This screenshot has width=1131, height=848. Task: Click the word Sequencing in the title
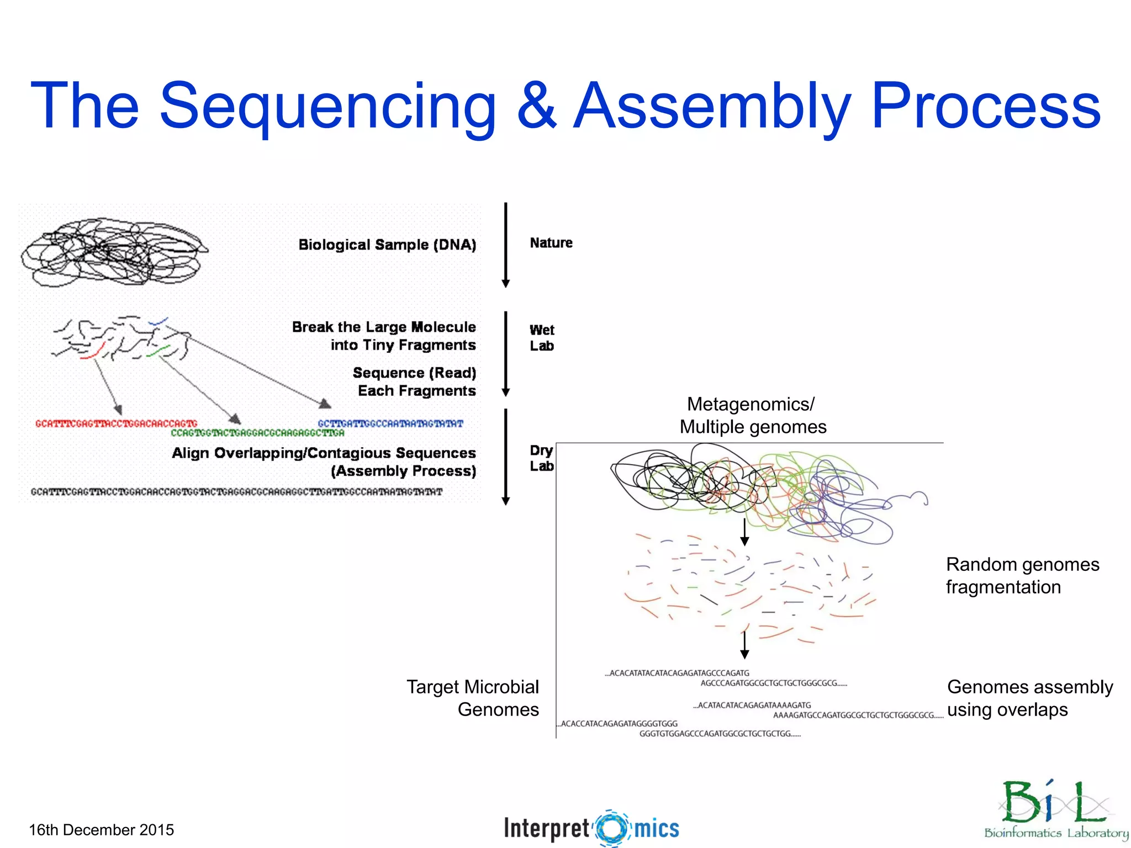pos(327,106)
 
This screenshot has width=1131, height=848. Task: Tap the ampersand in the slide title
pos(537,106)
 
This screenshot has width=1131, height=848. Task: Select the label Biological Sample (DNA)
pos(387,245)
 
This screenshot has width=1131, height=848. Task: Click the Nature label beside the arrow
pos(551,243)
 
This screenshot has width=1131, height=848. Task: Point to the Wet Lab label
pos(542,338)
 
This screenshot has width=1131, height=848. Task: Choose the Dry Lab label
pos(541,458)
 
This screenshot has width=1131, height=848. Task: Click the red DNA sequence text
pos(116,423)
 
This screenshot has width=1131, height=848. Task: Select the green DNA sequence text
pos(257,433)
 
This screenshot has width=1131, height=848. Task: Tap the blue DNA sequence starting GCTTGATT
pos(390,423)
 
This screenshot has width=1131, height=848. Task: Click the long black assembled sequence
pos(236,492)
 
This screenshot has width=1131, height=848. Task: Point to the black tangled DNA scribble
pos(113,251)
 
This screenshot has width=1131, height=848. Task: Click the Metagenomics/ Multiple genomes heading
pos(752,415)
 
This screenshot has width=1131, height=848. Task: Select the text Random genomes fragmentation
pos(1022,575)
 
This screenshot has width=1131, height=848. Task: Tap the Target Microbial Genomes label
pos(473,698)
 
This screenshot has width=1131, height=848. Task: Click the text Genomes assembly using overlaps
pos(1029,698)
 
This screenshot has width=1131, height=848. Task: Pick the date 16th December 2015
pos(101,830)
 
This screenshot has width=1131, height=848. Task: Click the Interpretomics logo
pos(591,828)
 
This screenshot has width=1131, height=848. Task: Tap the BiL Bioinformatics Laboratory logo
pos(1055,809)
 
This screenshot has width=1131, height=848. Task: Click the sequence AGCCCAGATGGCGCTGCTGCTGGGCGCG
pos(773,683)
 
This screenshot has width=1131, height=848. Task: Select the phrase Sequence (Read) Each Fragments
pos(414,381)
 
